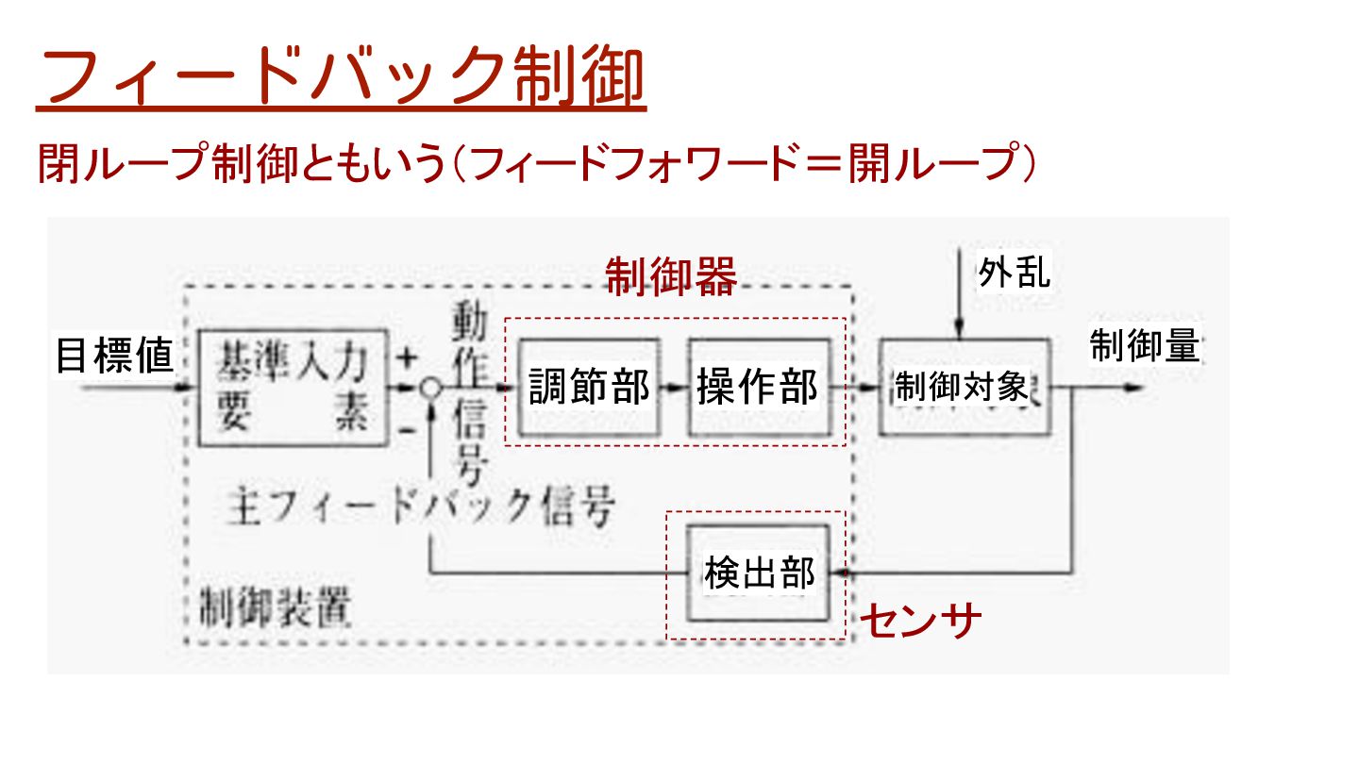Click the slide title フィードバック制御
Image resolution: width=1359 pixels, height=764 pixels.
click(x=341, y=78)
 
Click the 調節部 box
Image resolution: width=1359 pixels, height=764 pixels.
click(x=589, y=386)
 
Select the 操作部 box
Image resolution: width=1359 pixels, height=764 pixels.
click(x=757, y=386)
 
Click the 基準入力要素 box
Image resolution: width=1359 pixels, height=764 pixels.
click(x=293, y=387)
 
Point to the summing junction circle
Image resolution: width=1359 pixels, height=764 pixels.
click(x=430, y=388)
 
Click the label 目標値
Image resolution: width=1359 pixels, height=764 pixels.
click(x=114, y=357)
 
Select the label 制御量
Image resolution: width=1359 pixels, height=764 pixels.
click(x=1144, y=346)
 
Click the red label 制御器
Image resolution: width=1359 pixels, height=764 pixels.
click(x=670, y=277)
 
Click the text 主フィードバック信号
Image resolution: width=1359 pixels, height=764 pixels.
click(x=421, y=507)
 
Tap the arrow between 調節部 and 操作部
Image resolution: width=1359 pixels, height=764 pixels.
click(x=672, y=388)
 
